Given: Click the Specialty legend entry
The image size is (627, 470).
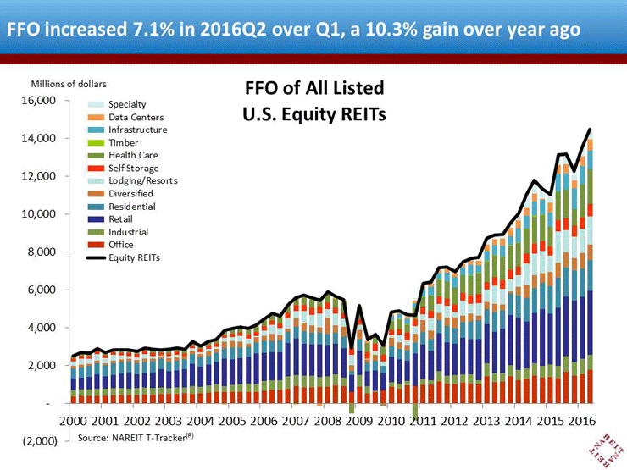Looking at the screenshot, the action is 117,104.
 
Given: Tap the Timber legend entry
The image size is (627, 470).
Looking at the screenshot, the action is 113,142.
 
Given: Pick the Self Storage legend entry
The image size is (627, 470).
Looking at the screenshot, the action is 123,169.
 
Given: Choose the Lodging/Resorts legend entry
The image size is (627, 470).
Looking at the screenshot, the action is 132,180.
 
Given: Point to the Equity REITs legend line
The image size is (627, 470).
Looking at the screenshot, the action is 96,257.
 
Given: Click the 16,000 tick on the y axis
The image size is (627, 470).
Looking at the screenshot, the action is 39,100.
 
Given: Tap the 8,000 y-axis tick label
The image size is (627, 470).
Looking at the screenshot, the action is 42,252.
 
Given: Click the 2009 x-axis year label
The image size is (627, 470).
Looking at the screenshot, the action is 359,421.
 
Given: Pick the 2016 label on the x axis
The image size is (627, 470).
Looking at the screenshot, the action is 582,421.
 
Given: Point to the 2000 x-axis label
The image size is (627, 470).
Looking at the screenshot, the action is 73,421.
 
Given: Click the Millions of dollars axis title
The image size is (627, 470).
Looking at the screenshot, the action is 69,84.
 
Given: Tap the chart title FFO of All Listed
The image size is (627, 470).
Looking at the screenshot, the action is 314,88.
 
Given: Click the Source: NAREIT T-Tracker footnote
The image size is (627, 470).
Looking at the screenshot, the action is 136,438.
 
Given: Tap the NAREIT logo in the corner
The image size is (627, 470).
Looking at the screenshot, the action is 607,450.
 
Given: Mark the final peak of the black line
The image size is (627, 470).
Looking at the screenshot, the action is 590,129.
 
